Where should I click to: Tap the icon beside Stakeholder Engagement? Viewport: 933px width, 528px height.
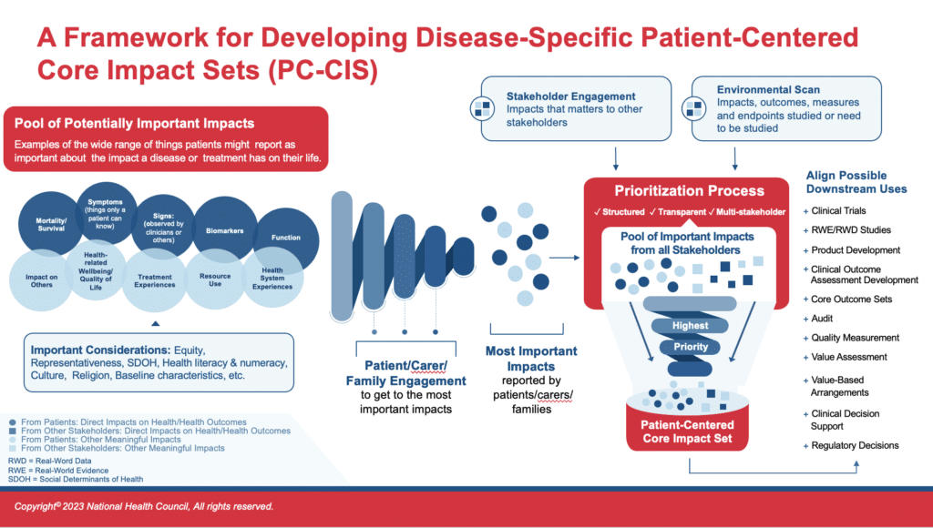pos(482,107)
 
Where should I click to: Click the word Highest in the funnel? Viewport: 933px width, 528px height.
pos(689,325)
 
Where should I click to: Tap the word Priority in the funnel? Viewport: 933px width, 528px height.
pos(691,347)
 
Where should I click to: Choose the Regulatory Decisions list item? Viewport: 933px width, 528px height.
pos(855,445)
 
